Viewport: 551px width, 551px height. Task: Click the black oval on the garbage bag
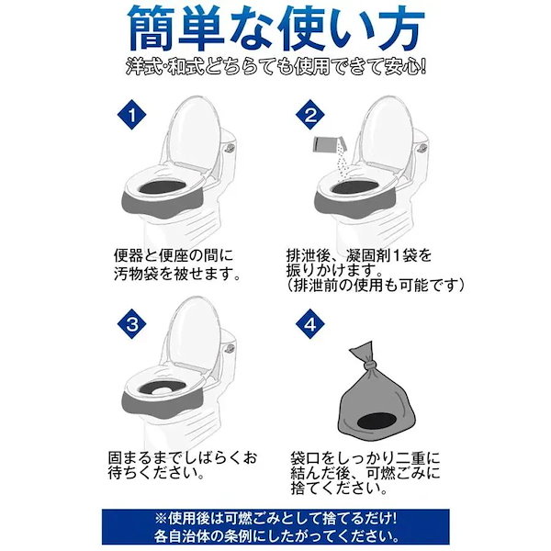pyautogui.click(x=399, y=421)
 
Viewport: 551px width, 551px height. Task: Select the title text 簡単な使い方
pyautogui.click(x=275, y=29)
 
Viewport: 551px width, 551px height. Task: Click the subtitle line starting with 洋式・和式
pyautogui.click(x=275, y=69)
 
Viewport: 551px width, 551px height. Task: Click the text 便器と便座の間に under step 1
pyautogui.click(x=183, y=255)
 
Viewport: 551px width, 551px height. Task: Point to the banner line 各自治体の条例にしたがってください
pyautogui.click(x=275, y=535)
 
